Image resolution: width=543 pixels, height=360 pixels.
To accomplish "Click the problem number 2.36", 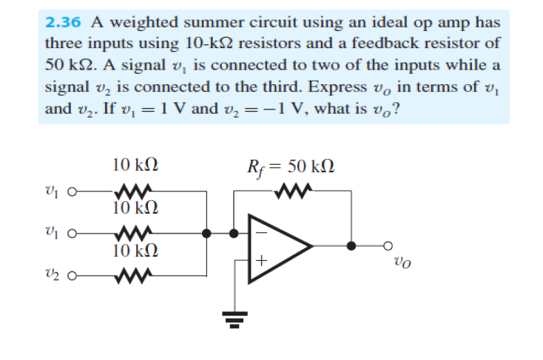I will pos(63,21).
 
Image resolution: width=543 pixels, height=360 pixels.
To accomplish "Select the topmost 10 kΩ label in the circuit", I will pos(134,164).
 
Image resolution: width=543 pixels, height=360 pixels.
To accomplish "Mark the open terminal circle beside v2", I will pos(70,279).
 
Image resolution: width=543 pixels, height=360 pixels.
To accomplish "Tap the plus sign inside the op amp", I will pos(260,260).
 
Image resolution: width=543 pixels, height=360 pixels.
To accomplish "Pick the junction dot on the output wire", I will pos(351,247).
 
